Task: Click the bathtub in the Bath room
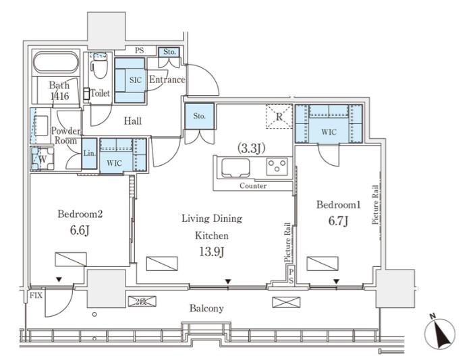click(56, 63)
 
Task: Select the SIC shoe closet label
click(136, 80)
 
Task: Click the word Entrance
click(167, 80)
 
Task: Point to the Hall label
click(133, 121)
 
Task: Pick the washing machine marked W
click(43, 158)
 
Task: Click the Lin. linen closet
click(89, 153)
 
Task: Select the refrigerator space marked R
click(279, 117)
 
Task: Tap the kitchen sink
click(235, 168)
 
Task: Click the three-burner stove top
click(277, 167)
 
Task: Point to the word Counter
click(253, 185)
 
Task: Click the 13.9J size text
click(211, 251)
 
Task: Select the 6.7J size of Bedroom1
click(338, 221)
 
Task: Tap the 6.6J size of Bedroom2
click(80, 231)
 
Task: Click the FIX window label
click(36, 295)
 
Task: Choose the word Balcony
click(206, 309)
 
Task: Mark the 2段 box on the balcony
click(142, 301)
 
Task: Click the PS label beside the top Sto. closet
click(140, 51)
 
